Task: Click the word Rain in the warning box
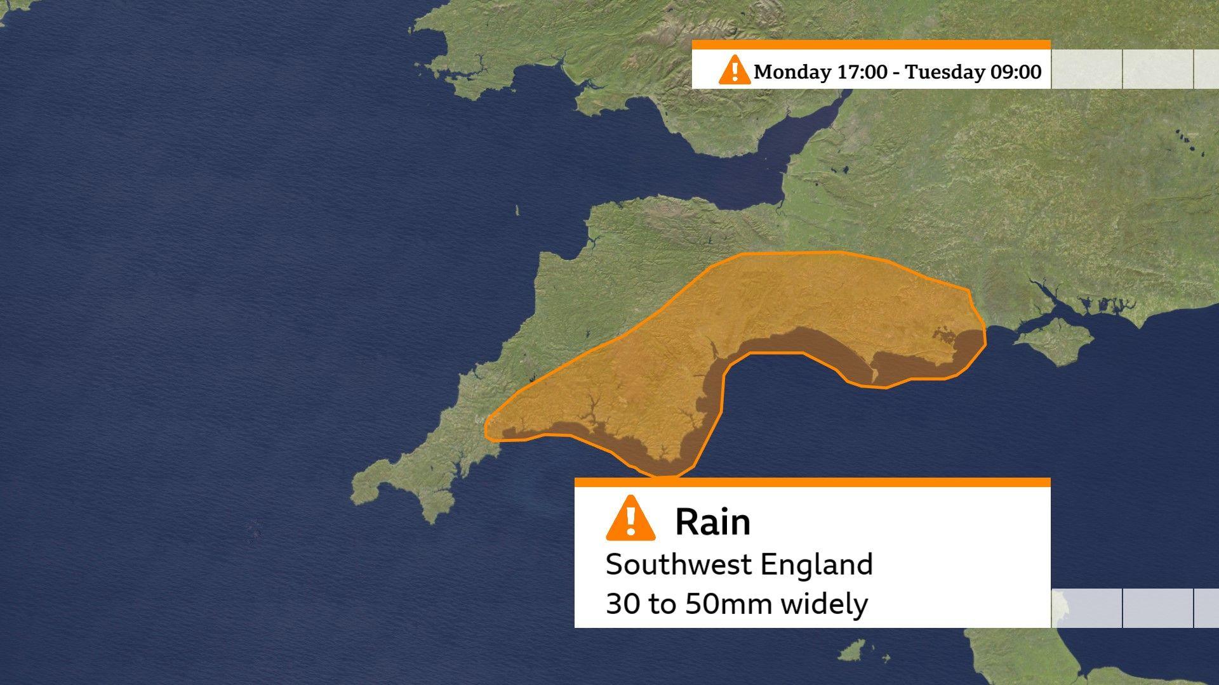(x=712, y=523)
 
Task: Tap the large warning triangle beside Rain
(x=630, y=519)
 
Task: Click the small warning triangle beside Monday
(x=734, y=69)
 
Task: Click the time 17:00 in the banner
(x=862, y=72)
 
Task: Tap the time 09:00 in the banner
(x=1016, y=72)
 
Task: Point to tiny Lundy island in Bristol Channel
(x=517, y=210)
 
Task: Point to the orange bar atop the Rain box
(x=812, y=482)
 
